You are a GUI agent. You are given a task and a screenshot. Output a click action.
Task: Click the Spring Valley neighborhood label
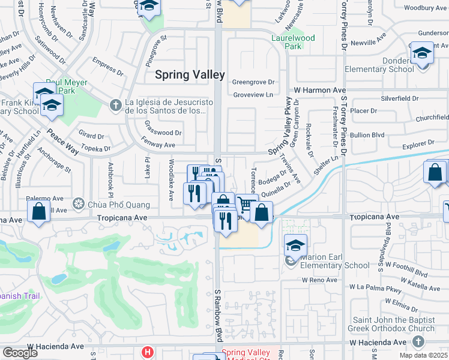[x=190, y=75]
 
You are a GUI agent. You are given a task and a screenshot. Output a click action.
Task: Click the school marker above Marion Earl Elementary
[x=295, y=246]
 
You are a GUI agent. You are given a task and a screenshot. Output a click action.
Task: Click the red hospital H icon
[x=146, y=352]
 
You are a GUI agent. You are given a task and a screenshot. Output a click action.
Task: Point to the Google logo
[x=20, y=353]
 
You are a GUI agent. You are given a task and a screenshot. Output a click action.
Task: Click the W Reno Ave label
[x=321, y=280]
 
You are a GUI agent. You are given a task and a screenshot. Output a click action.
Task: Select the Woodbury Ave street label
[x=426, y=8]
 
